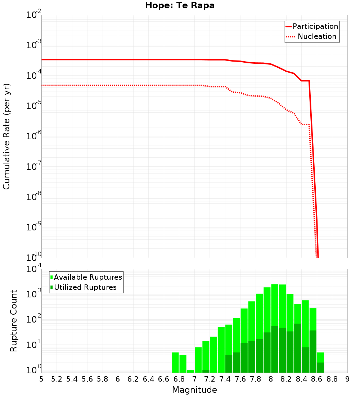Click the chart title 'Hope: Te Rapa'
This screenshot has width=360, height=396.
pyautogui.click(x=180, y=6)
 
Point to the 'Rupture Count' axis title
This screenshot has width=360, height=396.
pyautogui.click(x=14, y=321)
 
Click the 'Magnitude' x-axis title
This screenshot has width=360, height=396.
pyautogui.click(x=194, y=390)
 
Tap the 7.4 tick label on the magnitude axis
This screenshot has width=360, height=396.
pyautogui.click(x=225, y=379)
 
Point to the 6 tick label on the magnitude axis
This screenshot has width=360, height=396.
pyautogui.click(x=118, y=379)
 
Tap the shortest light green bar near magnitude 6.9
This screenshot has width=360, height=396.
pyautogui.click(x=190, y=371)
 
